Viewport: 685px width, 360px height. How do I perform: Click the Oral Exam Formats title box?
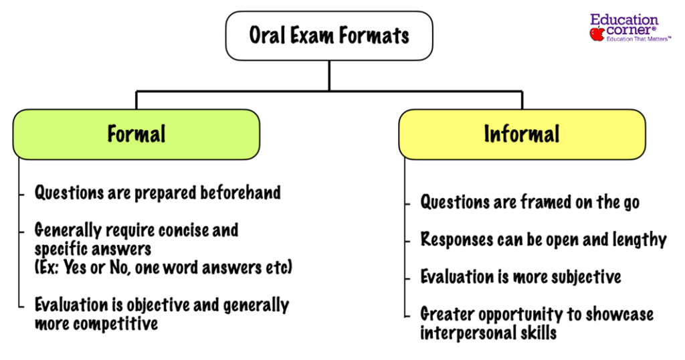pos(328,35)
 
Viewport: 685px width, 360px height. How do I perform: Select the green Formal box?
pos(136,134)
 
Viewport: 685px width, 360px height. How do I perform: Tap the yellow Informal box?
pos(522,134)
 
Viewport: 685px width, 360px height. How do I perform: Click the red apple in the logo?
pos(597,33)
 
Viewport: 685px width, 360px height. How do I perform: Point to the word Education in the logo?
pos(624,20)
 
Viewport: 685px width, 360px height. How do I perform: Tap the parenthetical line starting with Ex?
pos(164,267)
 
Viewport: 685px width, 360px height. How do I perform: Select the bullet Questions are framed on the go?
pos(529,202)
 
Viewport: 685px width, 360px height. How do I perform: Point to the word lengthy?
pos(636,240)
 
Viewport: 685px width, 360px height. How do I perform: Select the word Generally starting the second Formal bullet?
pos(69,231)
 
